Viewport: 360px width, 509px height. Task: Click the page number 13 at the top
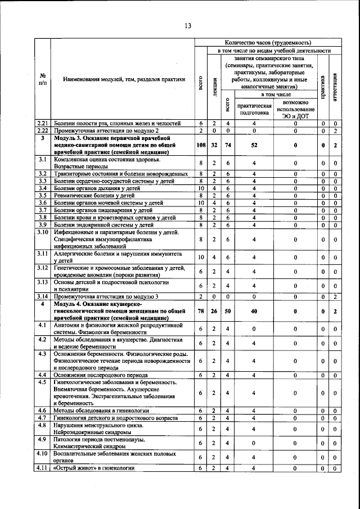coord(188,25)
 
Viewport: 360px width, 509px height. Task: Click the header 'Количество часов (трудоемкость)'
coord(267,43)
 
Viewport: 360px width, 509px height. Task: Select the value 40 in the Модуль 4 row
coord(254,310)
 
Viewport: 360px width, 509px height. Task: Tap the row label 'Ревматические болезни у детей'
coord(96,195)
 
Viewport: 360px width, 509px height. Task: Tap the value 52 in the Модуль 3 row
coord(254,145)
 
